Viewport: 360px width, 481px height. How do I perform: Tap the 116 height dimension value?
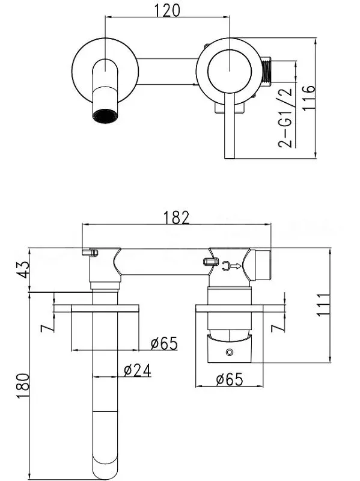308,97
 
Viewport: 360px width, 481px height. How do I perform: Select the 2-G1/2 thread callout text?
286,118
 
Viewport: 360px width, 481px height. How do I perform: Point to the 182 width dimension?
176,218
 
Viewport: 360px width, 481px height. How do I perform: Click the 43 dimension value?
23,269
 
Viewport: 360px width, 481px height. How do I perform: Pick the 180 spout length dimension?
23,386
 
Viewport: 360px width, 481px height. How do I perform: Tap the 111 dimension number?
323,305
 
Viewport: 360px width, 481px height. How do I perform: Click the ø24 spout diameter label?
138,370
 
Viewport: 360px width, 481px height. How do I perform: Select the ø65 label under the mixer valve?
230,379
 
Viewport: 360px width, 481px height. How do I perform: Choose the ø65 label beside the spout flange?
164,343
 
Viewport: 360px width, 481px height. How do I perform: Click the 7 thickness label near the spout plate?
47,328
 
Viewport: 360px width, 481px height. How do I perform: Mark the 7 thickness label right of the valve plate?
279,328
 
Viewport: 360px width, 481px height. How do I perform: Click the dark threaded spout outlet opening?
105,116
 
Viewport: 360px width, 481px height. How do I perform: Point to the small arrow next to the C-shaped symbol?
236,266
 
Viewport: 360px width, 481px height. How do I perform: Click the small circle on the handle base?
229,352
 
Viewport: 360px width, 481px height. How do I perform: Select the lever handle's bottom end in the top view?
230,158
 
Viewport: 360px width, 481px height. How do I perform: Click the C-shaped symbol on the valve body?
226,266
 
